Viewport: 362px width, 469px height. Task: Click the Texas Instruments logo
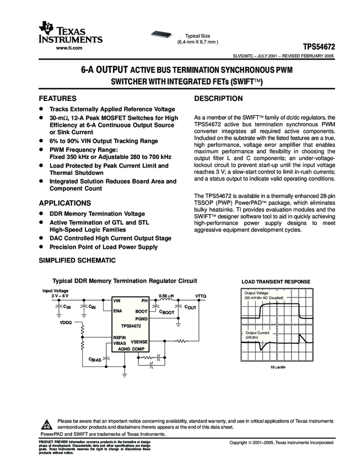(70, 33)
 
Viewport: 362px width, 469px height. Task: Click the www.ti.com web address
(69, 48)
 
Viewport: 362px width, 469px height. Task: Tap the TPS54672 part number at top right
(319, 47)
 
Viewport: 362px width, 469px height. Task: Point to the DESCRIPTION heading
(219, 98)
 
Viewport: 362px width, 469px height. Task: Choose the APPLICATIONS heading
(64, 202)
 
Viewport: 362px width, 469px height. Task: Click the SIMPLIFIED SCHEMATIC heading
(77, 260)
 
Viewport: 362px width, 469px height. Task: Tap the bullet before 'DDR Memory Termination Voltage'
(40, 214)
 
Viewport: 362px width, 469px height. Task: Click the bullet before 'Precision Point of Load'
(40, 247)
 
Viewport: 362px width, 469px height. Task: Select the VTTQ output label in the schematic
(201, 296)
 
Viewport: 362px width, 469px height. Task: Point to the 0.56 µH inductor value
(166, 296)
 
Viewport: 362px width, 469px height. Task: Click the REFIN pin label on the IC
(120, 337)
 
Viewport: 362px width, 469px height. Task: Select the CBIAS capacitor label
(95, 359)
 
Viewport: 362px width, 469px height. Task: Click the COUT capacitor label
(190, 307)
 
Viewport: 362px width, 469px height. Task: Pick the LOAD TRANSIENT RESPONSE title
(276, 282)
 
